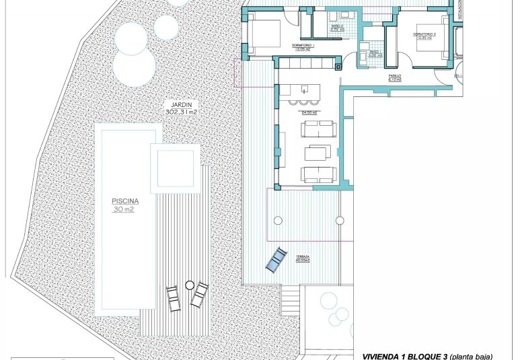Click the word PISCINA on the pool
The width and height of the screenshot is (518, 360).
coord(126,201)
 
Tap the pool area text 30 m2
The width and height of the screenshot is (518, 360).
coord(126,209)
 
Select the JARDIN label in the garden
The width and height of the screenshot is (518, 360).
coord(182,104)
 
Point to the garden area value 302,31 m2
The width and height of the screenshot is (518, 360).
coord(182,112)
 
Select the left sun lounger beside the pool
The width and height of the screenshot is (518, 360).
coord(173,298)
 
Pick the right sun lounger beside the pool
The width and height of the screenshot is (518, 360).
coord(200,295)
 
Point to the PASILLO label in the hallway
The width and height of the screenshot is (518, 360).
coord(396,76)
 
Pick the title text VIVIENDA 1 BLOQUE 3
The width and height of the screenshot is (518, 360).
coord(404,355)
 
